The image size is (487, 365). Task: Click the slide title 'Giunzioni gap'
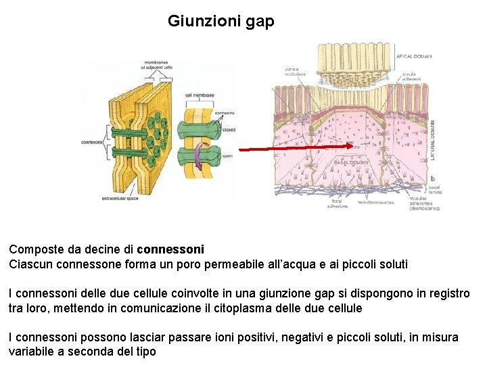221,22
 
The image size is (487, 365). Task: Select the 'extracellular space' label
120,199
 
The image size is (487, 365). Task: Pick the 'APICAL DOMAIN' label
414,56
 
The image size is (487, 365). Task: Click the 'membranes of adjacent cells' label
158,66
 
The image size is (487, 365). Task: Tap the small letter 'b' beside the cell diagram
432,178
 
